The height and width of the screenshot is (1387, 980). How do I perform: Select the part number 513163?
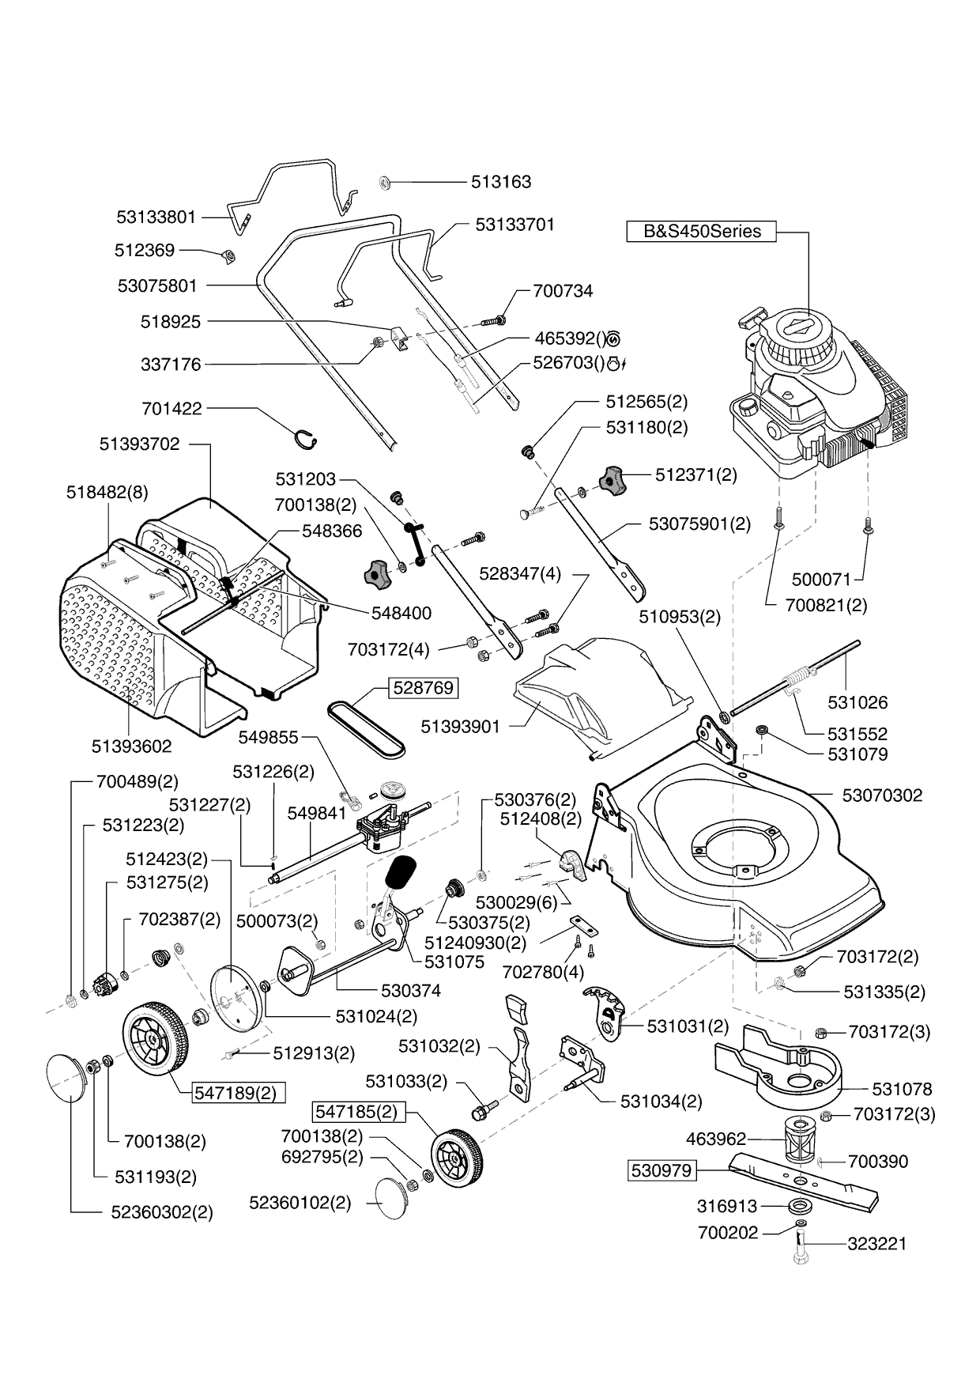(501, 182)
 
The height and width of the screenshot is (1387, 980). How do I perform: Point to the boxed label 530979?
(662, 1170)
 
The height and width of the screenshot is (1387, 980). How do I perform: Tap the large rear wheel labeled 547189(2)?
(156, 1037)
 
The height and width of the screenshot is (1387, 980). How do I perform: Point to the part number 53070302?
(882, 796)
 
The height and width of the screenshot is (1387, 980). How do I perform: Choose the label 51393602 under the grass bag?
(131, 746)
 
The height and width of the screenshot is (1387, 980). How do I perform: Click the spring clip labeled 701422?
(304, 437)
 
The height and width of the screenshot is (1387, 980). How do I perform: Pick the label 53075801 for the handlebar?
(157, 285)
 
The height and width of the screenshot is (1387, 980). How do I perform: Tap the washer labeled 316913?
(801, 1207)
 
